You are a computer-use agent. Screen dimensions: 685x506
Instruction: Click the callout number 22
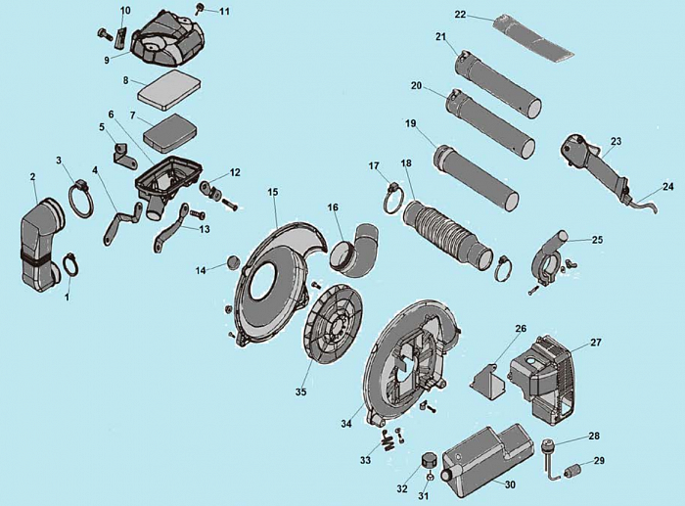click(461, 15)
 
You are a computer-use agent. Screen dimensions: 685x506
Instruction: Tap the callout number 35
click(301, 391)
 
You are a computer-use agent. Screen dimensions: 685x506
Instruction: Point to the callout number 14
click(201, 271)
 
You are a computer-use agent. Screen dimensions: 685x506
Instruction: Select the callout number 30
click(510, 484)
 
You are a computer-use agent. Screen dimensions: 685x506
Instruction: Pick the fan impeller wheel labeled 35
click(335, 324)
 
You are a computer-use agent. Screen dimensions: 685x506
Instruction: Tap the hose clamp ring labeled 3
click(81, 199)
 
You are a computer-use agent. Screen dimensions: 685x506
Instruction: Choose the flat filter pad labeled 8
click(169, 90)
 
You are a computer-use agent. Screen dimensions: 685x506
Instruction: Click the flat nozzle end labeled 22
click(533, 38)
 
